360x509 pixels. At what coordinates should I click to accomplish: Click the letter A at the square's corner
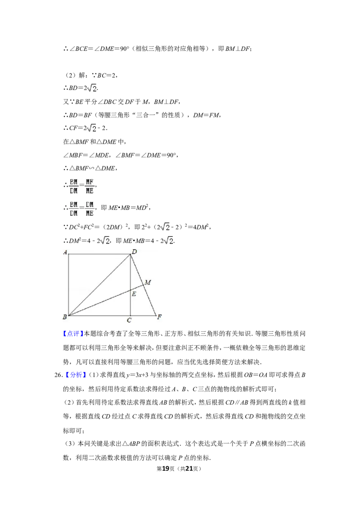click(66, 252)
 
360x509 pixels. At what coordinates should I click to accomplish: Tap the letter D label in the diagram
click(134, 252)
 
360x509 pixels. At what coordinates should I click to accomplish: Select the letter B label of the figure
click(65, 317)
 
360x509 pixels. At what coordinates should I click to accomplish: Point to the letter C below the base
click(129, 320)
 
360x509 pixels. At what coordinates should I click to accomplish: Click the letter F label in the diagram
click(159, 317)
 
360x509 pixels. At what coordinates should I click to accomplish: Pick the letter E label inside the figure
click(134, 294)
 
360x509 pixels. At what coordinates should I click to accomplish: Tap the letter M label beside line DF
click(148, 282)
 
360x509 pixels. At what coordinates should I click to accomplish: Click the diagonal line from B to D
click(99, 285)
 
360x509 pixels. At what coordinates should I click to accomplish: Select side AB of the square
click(68, 285)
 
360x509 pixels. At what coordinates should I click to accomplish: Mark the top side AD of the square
click(99, 254)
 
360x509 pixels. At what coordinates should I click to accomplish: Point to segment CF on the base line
click(143, 316)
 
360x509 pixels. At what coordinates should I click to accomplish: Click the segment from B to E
click(99, 303)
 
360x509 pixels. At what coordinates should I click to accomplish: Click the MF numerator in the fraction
click(90, 182)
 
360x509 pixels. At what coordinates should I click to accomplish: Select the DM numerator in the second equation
click(90, 205)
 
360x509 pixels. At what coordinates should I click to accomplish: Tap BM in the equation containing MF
click(74, 182)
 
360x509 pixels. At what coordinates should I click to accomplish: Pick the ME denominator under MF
click(90, 190)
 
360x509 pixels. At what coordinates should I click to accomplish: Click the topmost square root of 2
click(92, 89)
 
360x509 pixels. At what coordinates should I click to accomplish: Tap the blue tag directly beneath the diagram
click(73, 334)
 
